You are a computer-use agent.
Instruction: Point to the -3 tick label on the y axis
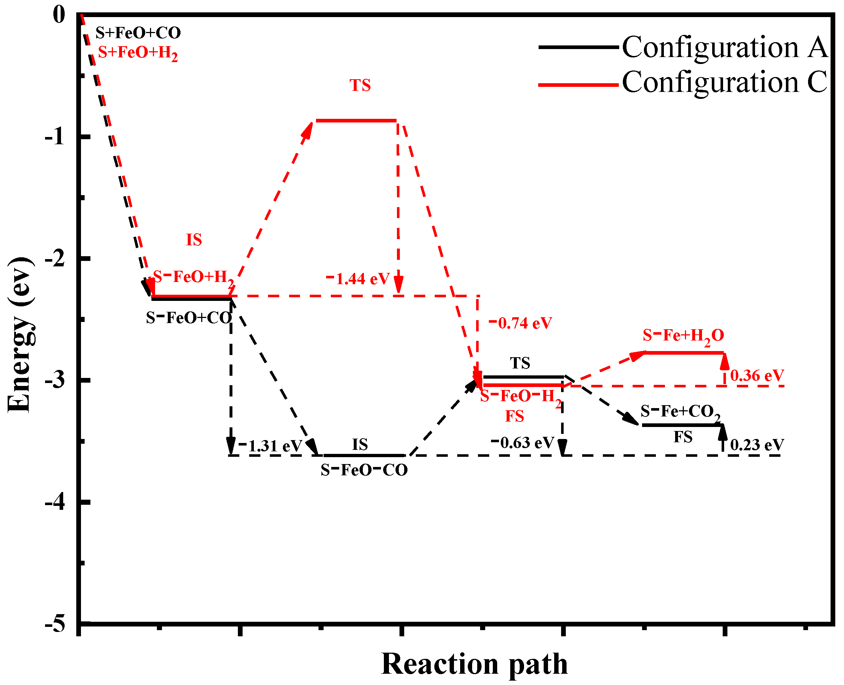(x=55, y=380)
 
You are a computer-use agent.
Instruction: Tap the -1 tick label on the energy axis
(x=55, y=137)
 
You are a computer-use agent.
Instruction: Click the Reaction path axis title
(x=474, y=664)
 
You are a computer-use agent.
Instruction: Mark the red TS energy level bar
(x=356, y=120)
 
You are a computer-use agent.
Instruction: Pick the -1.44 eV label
(x=358, y=279)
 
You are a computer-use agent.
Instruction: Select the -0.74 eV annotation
(x=520, y=323)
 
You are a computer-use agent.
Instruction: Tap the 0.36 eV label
(x=757, y=376)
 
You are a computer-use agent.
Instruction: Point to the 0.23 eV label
(x=757, y=446)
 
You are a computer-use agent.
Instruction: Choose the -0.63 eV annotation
(x=523, y=443)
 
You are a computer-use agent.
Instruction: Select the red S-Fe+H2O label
(x=683, y=336)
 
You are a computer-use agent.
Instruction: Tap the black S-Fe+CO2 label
(x=680, y=412)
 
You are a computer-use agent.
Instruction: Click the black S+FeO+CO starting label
(x=138, y=33)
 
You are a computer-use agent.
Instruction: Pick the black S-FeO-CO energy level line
(x=364, y=456)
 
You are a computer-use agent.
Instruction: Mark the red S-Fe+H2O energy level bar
(x=683, y=352)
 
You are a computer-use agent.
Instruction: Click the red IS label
(x=194, y=240)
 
